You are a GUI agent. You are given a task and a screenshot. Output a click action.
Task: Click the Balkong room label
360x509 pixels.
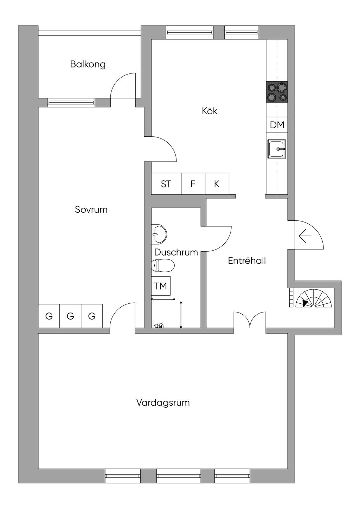click(x=88, y=64)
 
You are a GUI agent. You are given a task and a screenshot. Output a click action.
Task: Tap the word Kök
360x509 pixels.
click(x=210, y=111)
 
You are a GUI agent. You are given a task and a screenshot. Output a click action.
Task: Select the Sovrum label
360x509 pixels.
click(x=91, y=210)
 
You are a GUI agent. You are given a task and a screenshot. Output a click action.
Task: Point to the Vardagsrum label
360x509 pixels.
click(x=163, y=402)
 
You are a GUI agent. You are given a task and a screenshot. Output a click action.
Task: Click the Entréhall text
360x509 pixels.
click(x=247, y=261)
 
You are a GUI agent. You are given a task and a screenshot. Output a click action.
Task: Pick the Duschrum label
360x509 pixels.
click(x=176, y=252)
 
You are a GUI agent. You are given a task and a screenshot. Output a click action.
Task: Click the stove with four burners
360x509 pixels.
click(x=277, y=92)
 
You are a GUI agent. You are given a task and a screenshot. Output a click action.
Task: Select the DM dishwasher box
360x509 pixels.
click(x=277, y=125)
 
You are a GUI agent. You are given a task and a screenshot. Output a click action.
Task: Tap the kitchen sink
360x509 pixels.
click(x=277, y=149)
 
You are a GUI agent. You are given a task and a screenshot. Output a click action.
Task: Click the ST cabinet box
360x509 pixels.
click(x=166, y=184)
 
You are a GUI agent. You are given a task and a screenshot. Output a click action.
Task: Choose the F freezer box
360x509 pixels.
click(x=193, y=184)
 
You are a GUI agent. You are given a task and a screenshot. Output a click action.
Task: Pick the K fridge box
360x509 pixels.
click(x=217, y=184)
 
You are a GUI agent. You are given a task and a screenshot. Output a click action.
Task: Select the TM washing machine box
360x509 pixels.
click(x=161, y=286)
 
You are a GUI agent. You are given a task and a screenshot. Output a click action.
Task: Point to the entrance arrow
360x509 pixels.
click(x=304, y=236)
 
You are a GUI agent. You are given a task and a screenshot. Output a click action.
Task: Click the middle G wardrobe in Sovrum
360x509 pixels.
click(x=70, y=316)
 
